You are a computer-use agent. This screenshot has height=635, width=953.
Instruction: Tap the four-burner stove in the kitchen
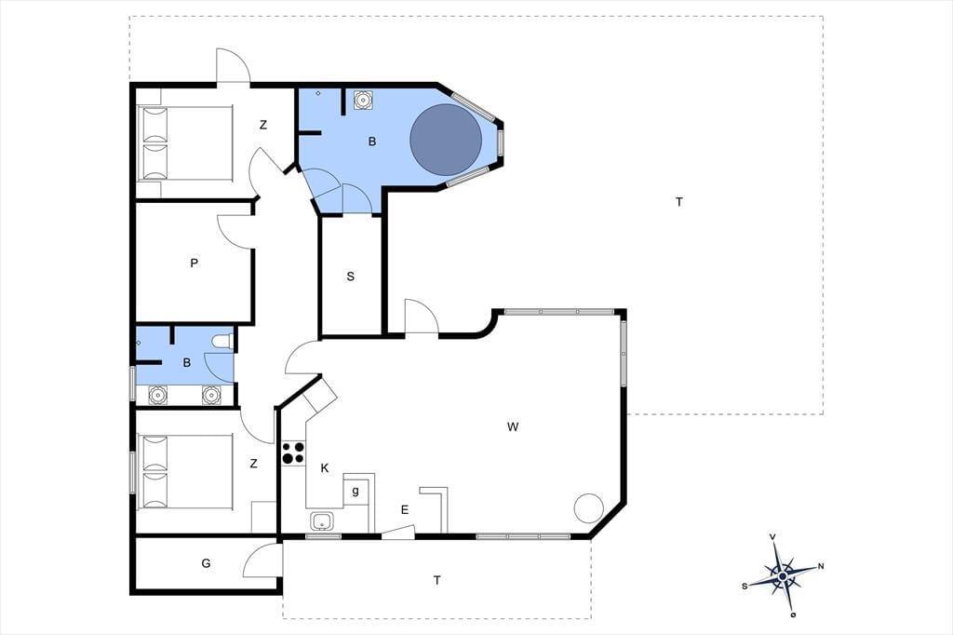pyautogui.click(x=293, y=453)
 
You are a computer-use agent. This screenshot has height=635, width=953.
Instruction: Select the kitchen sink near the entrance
pyautogui.click(x=321, y=521)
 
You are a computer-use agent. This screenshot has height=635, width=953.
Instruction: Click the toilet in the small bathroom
pyautogui.click(x=223, y=342)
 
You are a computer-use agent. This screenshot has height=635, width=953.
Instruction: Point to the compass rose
pyautogui.click(x=783, y=574)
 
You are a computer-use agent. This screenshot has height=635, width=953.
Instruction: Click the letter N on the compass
pyautogui.click(x=821, y=566)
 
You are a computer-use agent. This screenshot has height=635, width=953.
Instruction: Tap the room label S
pyautogui.click(x=350, y=277)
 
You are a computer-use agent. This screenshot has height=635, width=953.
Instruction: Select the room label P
pyautogui.click(x=194, y=263)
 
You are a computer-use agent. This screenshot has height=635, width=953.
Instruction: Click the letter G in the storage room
pyautogui.click(x=206, y=563)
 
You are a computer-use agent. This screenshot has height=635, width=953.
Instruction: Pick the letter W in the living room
pyautogui.click(x=513, y=427)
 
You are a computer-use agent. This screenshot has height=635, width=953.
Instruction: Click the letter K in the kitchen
pyautogui.click(x=325, y=467)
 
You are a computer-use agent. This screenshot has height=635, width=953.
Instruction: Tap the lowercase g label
pyautogui.click(x=356, y=491)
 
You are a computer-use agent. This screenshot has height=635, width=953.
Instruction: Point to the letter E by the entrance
pyautogui.click(x=405, y=510)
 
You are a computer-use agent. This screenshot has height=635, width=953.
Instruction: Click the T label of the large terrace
pyautogui.click(x=678, y=202)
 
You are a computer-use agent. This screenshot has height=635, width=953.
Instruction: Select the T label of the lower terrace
pyautogui.click(x=437, y=580)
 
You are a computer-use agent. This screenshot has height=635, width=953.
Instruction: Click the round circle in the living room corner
pyautogui.click(x=589, y=507)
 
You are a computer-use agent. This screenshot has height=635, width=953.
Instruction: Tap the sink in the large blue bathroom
pyautogui.click(x=363, y=100)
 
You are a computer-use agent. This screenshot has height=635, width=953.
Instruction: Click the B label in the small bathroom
pyautogui.click(x=186, y=362)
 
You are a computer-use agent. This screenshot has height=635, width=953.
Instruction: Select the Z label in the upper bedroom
pyautogui.click(x=263, y=125)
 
